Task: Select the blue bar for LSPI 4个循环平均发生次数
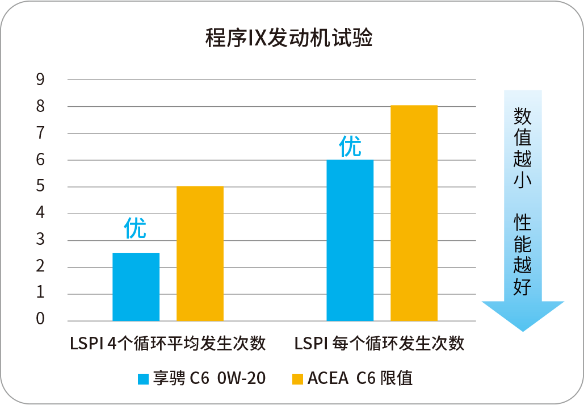click(x=136, y=287)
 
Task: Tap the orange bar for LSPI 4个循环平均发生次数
click(x=200, y=253)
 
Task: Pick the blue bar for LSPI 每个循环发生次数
click(x=350, y=240)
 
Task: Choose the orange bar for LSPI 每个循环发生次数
click(x=414, y=213)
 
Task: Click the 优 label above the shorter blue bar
click(x=135, y=228)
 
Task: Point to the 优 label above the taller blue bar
click(x=350, y=147)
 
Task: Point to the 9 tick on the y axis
click(x=40, y=80)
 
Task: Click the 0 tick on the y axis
click(x=40, y=320)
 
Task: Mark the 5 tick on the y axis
click(x=40, y=187)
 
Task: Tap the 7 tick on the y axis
click(x=40, y=133)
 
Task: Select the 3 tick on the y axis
click(x=40, y=240)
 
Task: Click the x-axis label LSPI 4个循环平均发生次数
click(x=168, y=344)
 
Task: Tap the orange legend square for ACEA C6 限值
click(x=297, y=378)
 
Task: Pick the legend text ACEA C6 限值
click(x=360, y=378)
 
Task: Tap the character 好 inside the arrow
click(x=522, y=287)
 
